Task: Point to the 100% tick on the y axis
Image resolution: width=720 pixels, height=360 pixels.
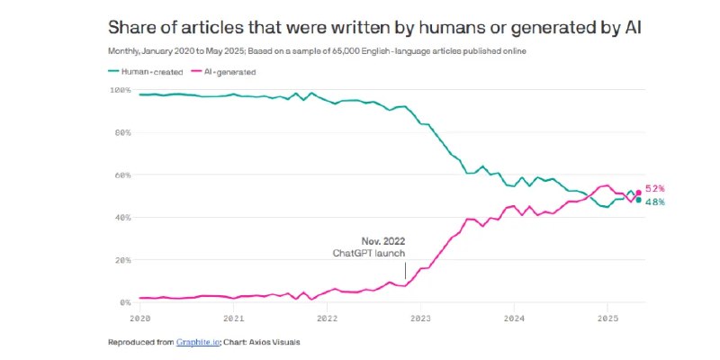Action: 121,90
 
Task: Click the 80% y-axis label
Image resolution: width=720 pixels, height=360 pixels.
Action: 121,132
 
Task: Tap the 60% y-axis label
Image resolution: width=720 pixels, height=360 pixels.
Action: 121,175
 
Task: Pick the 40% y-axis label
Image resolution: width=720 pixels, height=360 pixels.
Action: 121,218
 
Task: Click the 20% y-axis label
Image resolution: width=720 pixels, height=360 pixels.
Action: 121,260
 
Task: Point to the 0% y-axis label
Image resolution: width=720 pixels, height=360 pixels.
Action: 124,303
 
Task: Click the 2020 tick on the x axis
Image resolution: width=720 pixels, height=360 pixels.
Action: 140,319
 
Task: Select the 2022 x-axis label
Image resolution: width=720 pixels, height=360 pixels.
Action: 327,319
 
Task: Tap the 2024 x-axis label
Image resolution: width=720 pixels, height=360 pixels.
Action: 514,319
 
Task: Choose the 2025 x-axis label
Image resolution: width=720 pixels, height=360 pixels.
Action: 607,319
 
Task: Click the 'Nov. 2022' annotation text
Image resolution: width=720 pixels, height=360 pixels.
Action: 384,242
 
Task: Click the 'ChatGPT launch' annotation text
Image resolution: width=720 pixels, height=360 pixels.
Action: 370,254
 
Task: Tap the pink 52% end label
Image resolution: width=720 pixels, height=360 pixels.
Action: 655,189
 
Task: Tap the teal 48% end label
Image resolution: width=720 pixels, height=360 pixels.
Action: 655,202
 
